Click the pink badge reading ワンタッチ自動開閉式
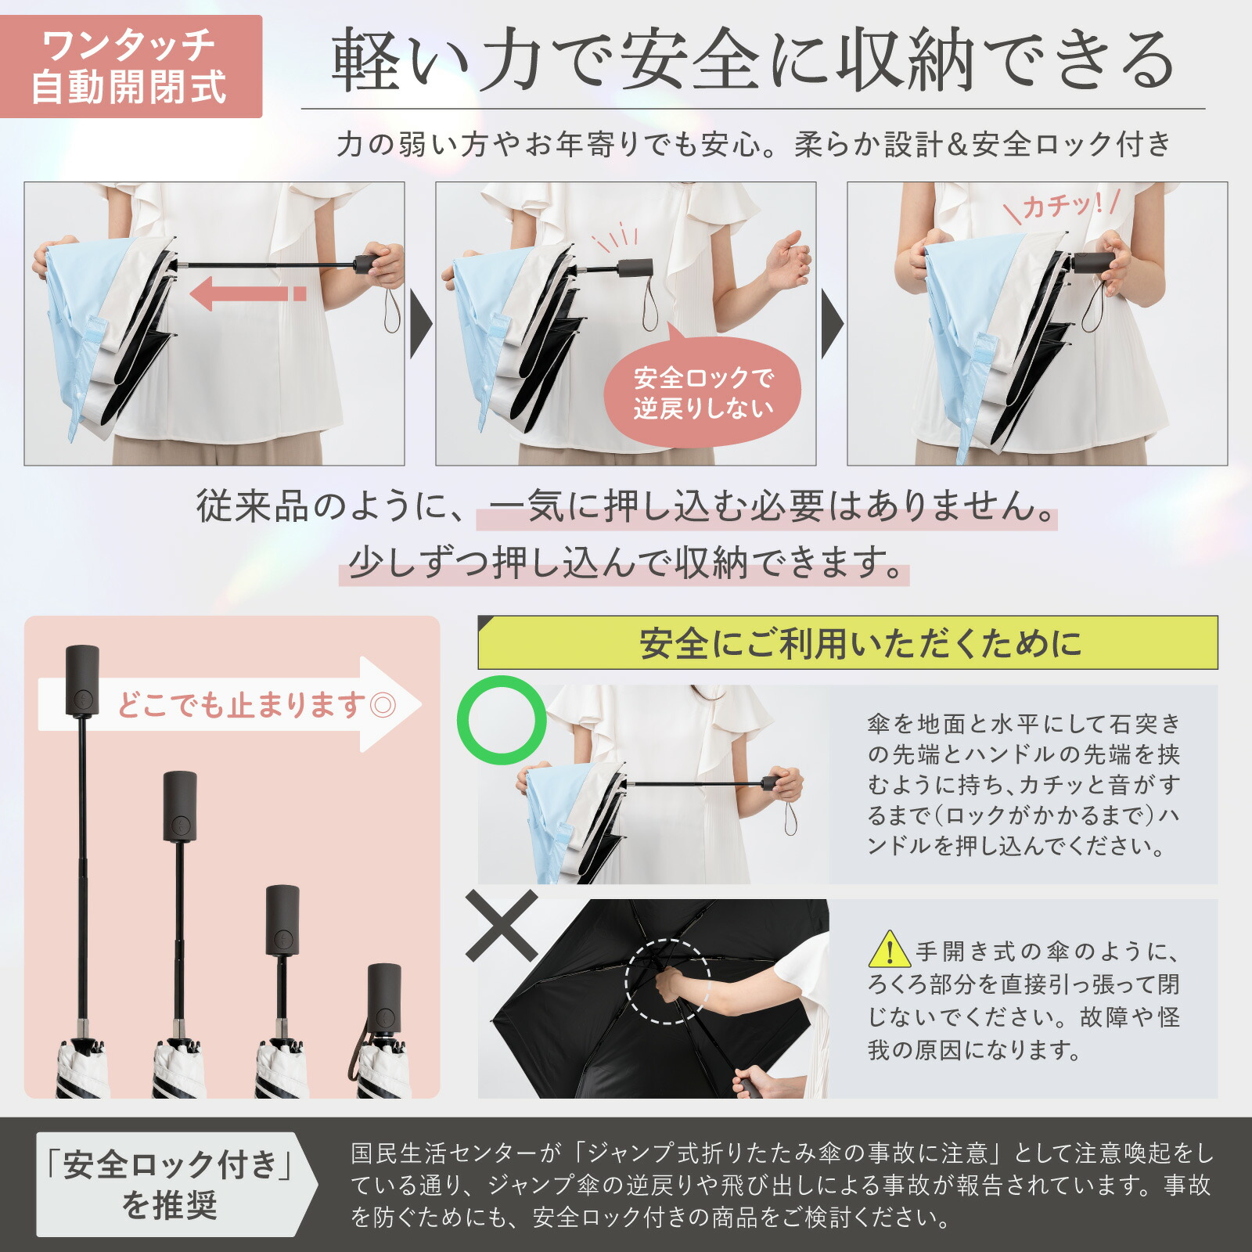tap(130, 67)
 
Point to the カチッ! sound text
tap(1062, 205)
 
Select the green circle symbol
tap(502, 720)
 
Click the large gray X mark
tap(502, 926)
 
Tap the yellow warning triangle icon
tap(889, 950)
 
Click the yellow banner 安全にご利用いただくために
tap(847, 643)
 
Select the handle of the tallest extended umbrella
tap(82, 679)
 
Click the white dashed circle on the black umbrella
tap(667, 981)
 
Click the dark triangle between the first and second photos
tap(420, 324)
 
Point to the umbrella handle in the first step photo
tap(368, 264)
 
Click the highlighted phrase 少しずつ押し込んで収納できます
tap(624, 562)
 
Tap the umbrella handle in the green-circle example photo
tap(772, 782)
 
